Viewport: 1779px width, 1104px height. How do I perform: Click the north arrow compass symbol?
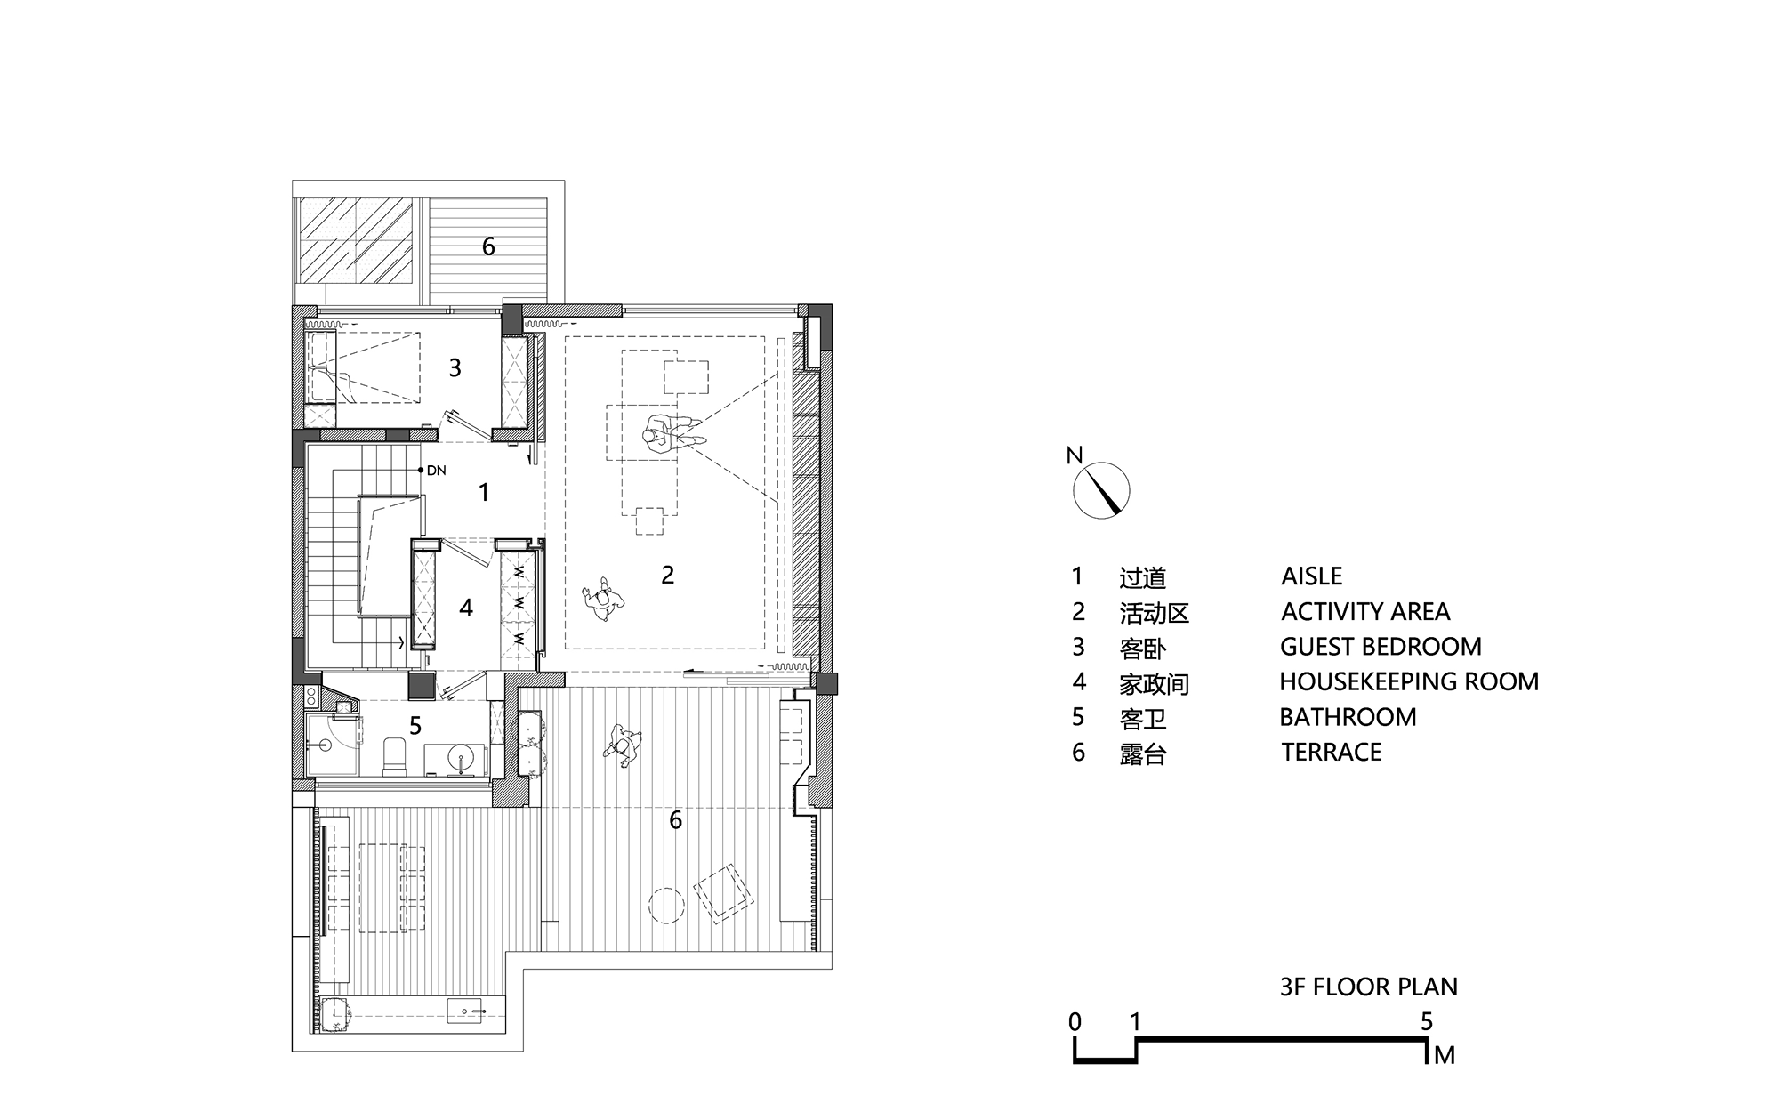click(x=1101, y=490)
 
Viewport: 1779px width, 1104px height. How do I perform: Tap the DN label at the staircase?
click(x=436, y=471)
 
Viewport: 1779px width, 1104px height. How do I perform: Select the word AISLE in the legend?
click(x=1311, y=576)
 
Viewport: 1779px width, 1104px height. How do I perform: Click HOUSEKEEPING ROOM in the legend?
click(x=1408, y=682)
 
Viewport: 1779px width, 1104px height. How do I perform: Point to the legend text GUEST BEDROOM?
click(x=1381, y=647)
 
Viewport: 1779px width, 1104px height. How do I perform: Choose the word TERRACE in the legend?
click(x=1331, y=753)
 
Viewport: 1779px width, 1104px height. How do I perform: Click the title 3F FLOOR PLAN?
click(x=1368, y=987)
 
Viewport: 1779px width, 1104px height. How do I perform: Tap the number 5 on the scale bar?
click(x=1426, y=1022)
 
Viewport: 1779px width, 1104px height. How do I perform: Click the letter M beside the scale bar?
click(x=1444, y=1056)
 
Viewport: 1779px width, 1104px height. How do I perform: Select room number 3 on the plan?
click(x=455, y=367)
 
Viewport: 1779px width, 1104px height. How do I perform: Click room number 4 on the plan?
click(x=465, y=608)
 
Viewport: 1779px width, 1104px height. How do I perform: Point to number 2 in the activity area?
click(x=667, y=575)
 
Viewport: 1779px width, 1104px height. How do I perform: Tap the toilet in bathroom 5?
click(x=392, y=756)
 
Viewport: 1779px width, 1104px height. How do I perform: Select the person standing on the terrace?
click(x=624, y=745)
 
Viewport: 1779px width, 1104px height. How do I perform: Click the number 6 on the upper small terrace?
click(x=487, y=246)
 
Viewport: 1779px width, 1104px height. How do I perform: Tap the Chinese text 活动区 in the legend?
click(x=1154, y=613)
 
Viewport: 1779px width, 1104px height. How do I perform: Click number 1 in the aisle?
click(x=483, y=492)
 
